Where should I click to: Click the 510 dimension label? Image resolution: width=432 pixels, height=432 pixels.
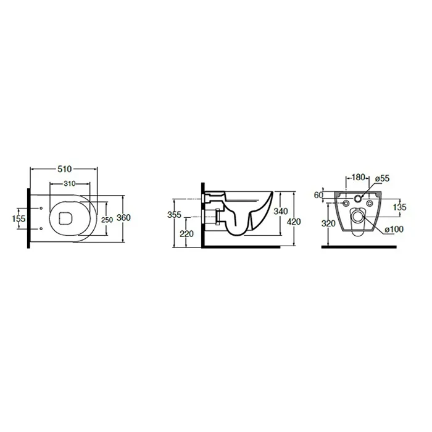pos(64,169)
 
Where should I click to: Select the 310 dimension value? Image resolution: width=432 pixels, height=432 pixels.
pos(69,183)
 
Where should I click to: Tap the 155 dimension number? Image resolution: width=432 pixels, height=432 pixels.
pos(19,218)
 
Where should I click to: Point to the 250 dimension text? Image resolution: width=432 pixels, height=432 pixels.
pos(107,220)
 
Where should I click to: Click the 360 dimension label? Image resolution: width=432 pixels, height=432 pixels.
pos(123,218)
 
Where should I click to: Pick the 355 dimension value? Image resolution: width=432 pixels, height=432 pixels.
pos(174,214)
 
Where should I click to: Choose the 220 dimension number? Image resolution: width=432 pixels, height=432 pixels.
pos(186,234)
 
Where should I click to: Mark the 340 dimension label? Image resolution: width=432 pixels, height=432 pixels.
pos(280,211)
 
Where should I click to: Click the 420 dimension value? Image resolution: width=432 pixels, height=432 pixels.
pos(294,222)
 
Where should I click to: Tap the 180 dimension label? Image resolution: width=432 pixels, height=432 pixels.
pos(359,177)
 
